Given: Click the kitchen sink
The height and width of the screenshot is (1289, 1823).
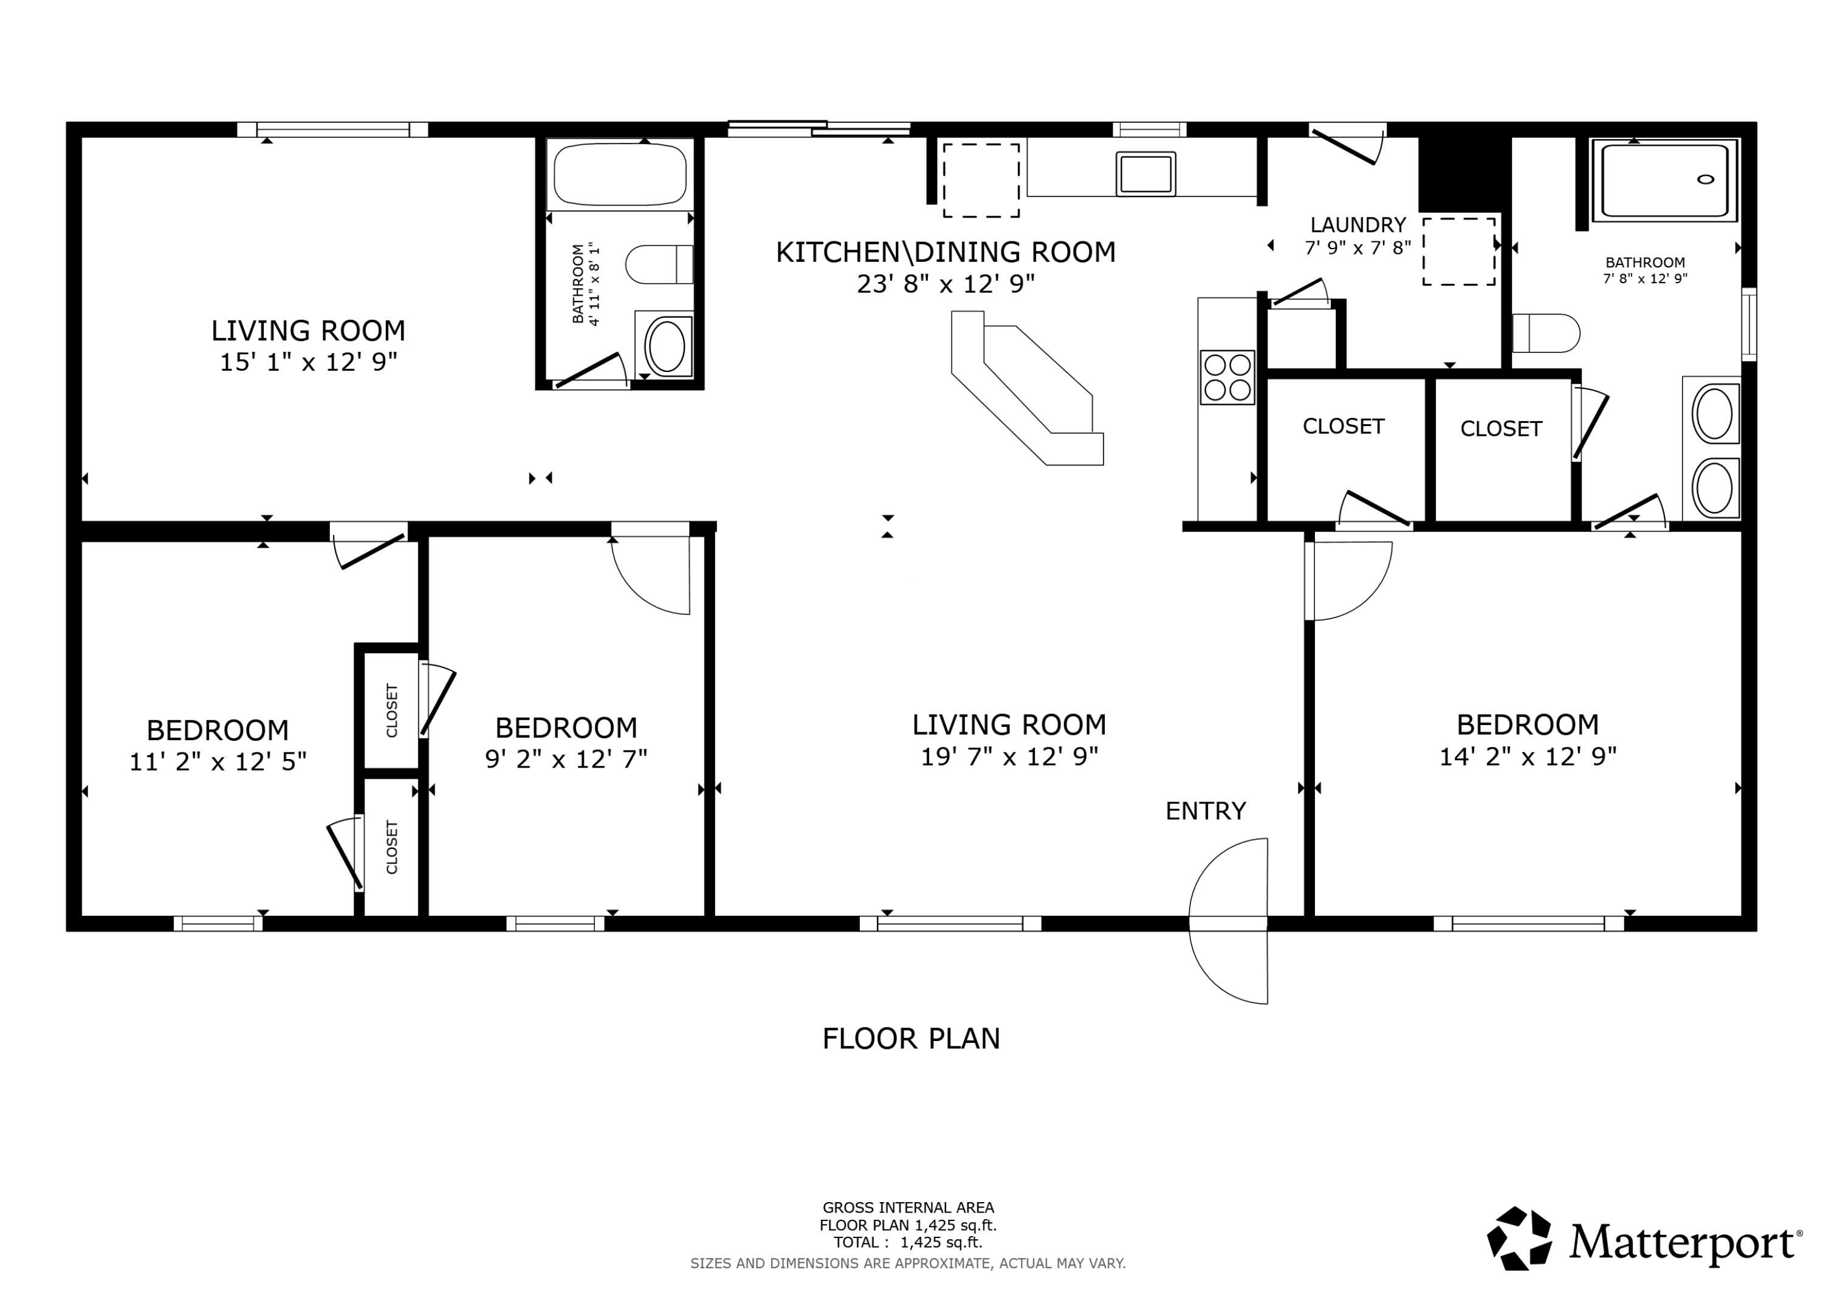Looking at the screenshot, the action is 1145,173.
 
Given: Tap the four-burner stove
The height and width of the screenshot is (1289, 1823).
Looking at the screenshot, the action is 1227,377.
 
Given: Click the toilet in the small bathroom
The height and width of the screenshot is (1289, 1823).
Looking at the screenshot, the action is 659,264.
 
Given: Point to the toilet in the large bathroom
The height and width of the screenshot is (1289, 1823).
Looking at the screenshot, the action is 1546,334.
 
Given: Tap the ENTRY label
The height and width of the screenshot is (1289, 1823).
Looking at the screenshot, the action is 1205,811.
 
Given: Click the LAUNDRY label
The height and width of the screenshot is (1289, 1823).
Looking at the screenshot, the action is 1358,225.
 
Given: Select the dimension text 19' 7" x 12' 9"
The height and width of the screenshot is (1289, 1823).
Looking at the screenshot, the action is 1009,757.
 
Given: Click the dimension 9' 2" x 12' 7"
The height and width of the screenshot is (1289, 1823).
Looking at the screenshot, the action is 566,759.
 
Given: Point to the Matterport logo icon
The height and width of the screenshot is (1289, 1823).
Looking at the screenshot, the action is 1519,1239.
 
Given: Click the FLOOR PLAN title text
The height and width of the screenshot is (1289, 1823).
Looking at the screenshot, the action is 911,1039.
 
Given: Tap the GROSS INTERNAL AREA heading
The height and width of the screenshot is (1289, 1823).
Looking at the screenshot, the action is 908,1208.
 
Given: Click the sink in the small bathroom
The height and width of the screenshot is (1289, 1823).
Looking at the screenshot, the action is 665,345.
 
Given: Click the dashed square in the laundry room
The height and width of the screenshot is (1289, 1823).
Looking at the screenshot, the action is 1458,251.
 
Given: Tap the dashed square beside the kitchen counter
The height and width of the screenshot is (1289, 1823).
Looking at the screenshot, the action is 981,180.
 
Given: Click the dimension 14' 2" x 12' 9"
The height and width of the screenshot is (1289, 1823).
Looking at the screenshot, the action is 1528,757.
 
